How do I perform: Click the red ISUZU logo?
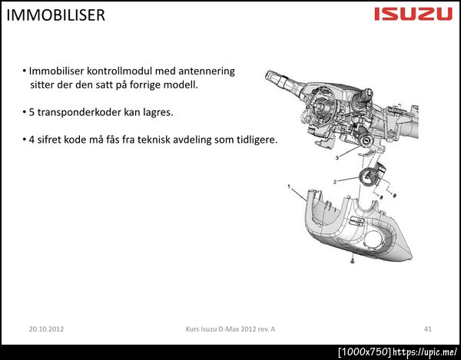pyautogui.click(x=413, y=14)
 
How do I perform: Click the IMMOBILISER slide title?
pyautogui.click(x=55, y=15)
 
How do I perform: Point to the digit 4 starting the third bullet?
pyautogui.click(x=32, y=140)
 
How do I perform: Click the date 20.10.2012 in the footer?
pyautogui.click(x=46, y=329)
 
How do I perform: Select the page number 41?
pyautogui.click(x=428, y=329)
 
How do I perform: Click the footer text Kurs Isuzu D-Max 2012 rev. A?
pyautogui.click(x=230, y=329)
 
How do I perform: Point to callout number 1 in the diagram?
pyautogui.click(x=289, y=187)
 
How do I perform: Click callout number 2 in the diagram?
pyautogui.click(x=335, y=182)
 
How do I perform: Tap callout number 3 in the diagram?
pyautogui.click(x=337, y=158)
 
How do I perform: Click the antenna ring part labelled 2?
pyautogui.click(x=368, y=177)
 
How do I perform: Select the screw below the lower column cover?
pyautogui.click(x=353, y=260)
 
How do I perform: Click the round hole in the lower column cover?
pyautogui.click(x=374, y=239)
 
